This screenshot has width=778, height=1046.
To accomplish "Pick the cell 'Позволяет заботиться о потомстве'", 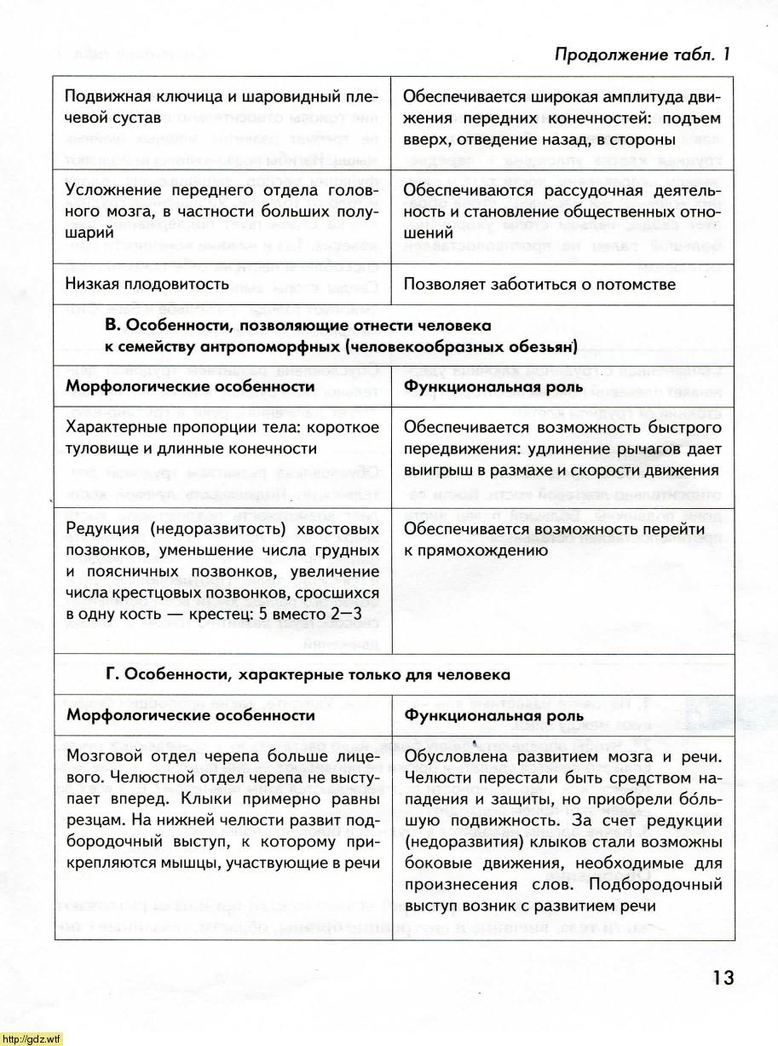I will click(x=539, y=283).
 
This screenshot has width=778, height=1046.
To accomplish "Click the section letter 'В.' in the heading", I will click(x=116, y=326).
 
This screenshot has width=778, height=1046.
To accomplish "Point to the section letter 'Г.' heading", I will click(x=112, y=674).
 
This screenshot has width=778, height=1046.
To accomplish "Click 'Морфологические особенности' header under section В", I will click(x=186, y=387).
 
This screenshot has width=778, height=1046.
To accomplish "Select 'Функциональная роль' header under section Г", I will click(x=494, y=715).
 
